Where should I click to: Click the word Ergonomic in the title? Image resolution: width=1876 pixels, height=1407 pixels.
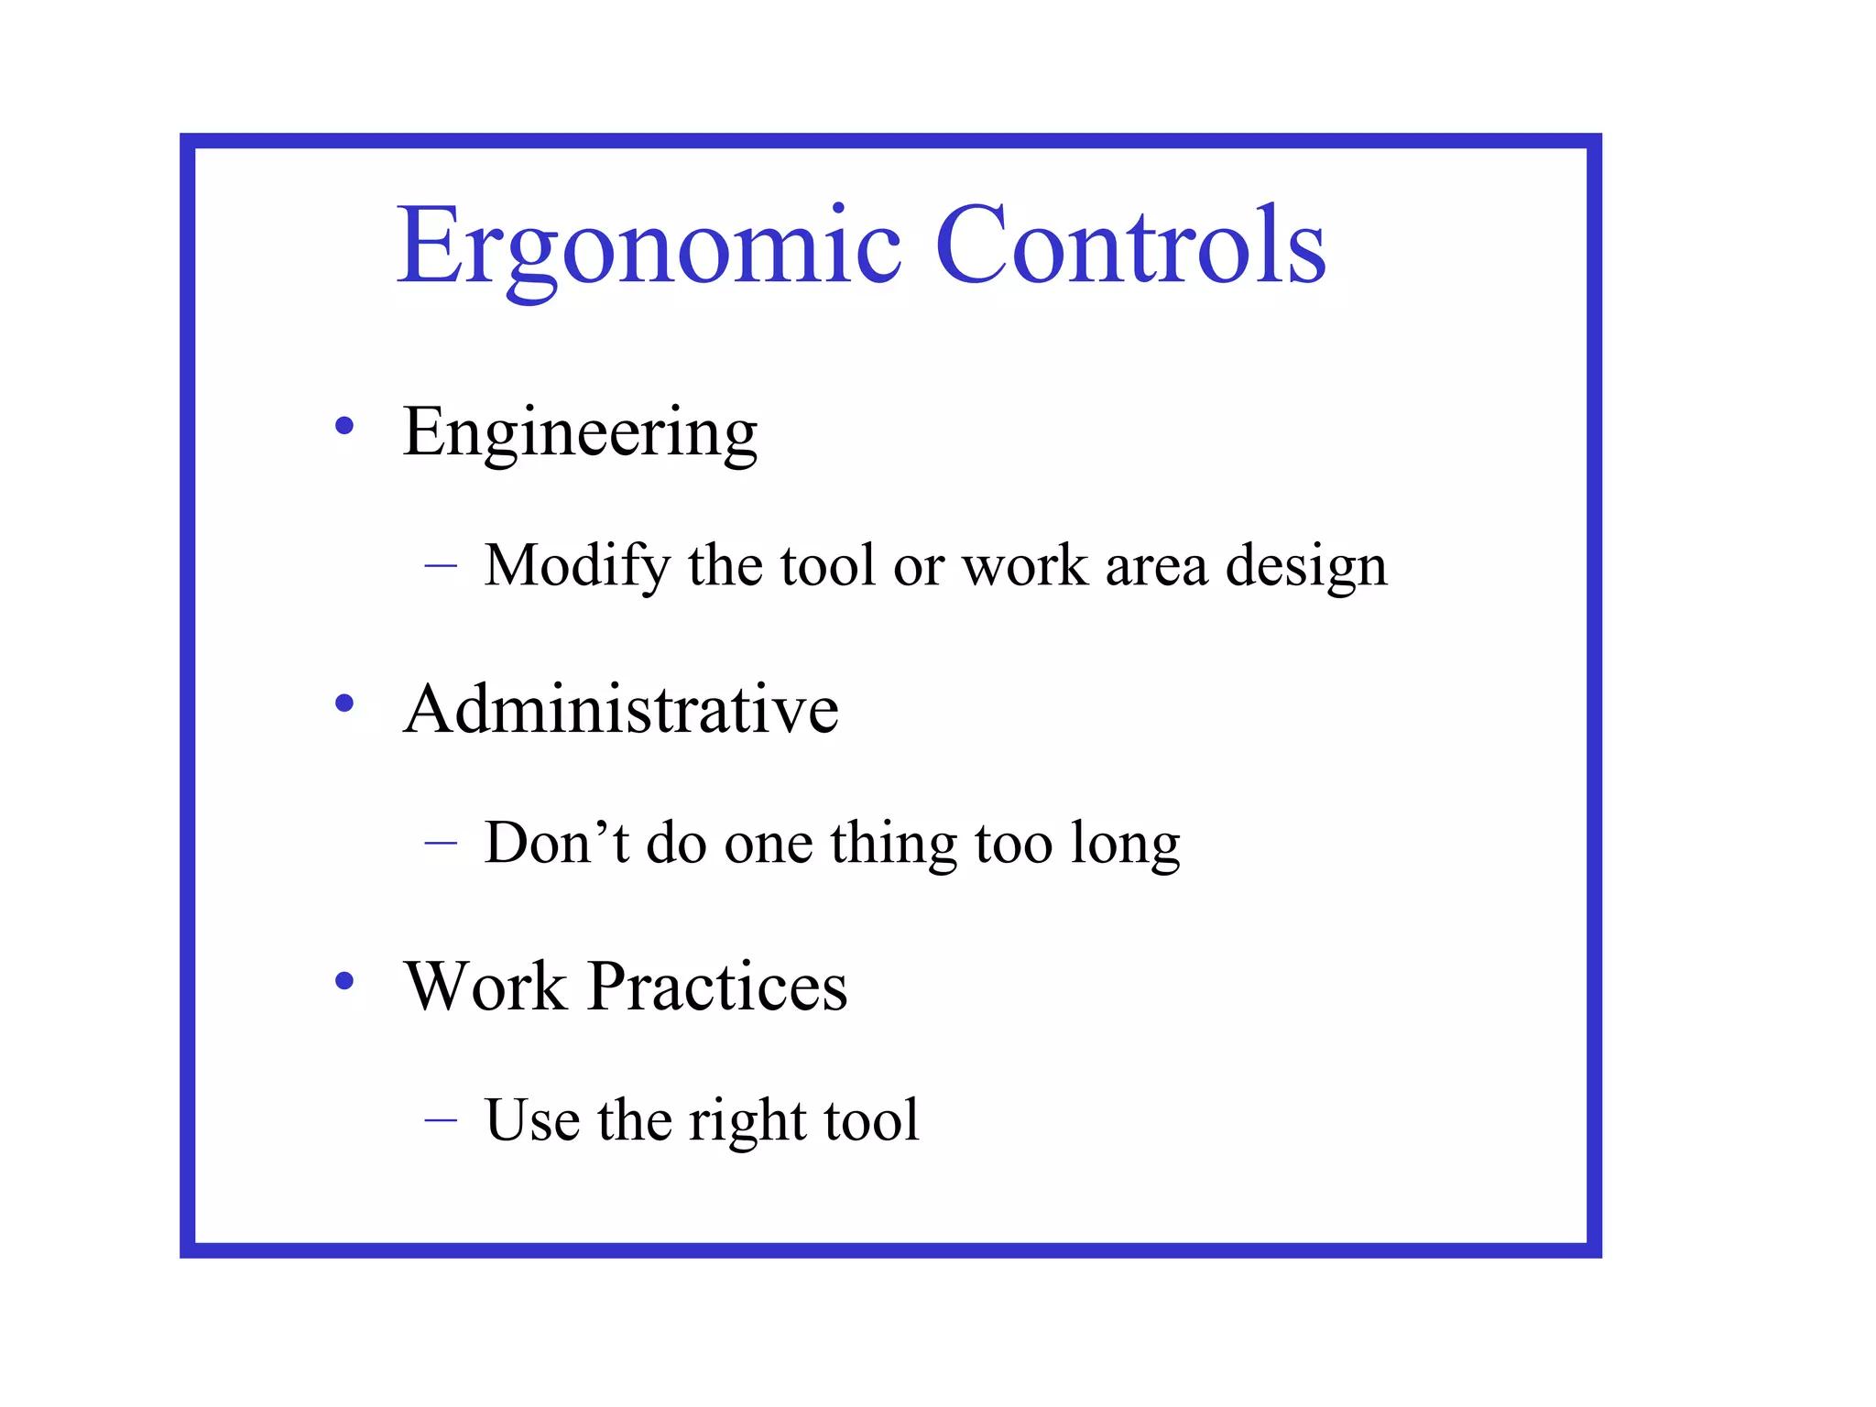point(649,245)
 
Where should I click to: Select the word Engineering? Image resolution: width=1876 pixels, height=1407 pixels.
point(580,432)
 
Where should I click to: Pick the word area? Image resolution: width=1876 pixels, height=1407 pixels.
point(1156,566)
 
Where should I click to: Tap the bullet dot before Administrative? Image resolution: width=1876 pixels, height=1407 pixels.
point(344,703)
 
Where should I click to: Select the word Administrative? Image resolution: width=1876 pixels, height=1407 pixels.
point(620,709)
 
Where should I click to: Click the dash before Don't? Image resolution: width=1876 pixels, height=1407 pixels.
point(441,844)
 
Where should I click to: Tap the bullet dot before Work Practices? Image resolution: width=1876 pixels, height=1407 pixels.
point(344,981)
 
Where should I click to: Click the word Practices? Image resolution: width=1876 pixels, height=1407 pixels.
point(717,987)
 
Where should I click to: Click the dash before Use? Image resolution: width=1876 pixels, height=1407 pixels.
point(441,1120)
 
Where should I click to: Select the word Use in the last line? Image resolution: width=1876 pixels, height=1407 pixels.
point(531,1119)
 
